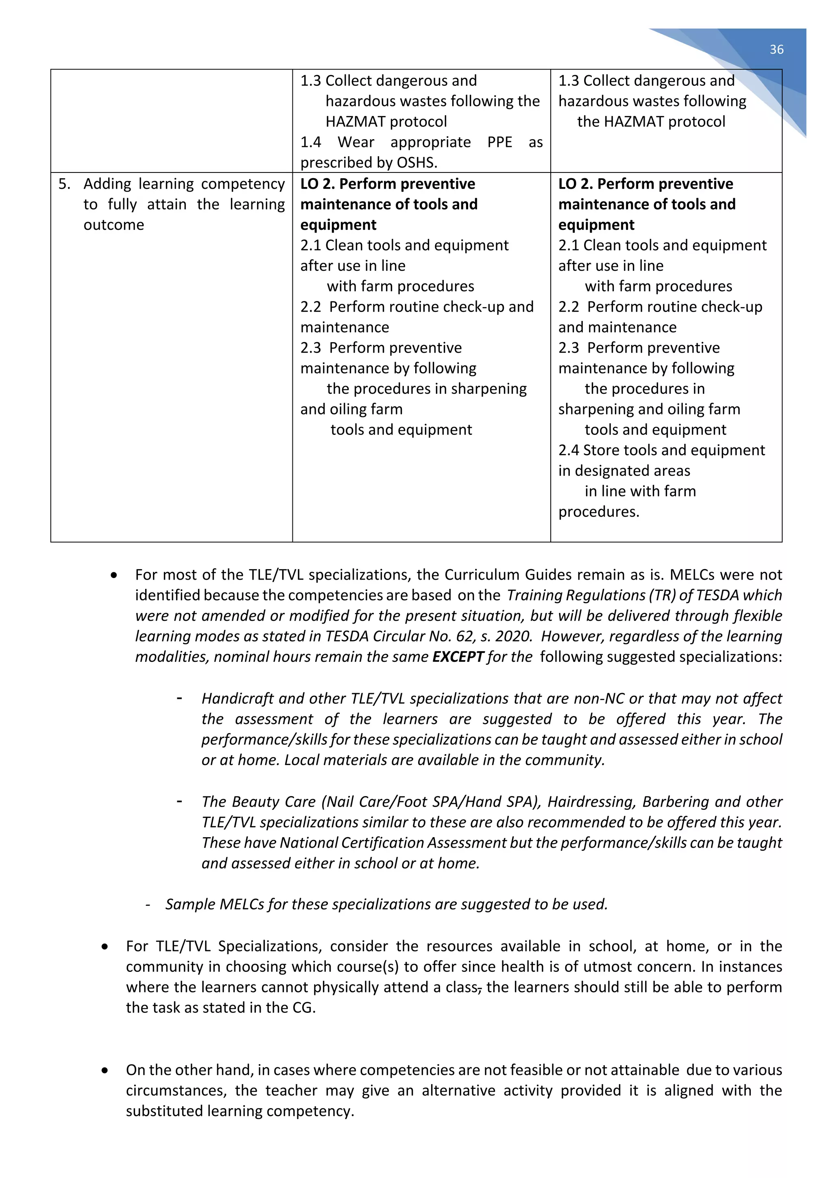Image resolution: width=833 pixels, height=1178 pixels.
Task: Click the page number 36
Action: tap(776, 49)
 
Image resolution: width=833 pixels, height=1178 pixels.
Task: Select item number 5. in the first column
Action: tap(64, 184)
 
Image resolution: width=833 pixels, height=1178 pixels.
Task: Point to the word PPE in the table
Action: tap(499, 142)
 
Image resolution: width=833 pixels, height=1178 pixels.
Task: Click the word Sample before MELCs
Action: tap(190, 904)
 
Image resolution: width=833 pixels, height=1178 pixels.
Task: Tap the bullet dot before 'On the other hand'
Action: tap(105, 1070)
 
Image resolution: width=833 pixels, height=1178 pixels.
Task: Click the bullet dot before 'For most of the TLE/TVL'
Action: tap(114, 575)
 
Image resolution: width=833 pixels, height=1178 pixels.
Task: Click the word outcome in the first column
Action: tap(114, 225)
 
